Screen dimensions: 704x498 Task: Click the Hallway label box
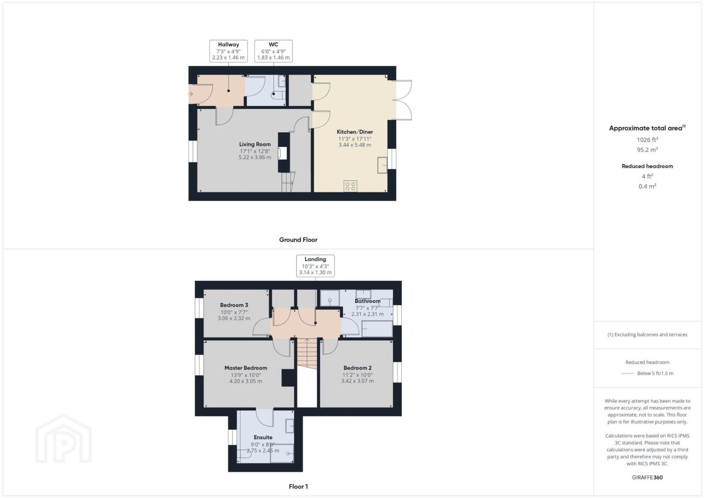pos(228,51)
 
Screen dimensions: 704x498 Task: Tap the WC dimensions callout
pos(274,51)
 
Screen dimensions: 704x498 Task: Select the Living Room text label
pos(255,144)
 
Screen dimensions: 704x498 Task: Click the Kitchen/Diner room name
pos(355,132)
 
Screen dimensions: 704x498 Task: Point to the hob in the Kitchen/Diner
pos(351,186)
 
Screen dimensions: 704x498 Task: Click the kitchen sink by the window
pos(382,165)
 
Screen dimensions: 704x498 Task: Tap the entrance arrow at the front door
pos(191,94)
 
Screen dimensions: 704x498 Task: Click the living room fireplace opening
pos(282,154)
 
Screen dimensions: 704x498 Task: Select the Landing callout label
pos(315,266)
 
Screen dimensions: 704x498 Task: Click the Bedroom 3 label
pos(234,305)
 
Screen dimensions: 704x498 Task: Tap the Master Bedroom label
pos(246,368)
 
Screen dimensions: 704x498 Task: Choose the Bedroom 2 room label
pos(358,368)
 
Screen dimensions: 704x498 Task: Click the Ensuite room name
pos(263,437)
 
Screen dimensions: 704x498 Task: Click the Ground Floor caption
pos(298,240)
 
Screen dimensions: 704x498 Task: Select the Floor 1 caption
pos(298,486)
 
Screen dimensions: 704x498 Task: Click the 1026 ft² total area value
pos(647,140)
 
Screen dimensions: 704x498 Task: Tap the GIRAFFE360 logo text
pos(647,477)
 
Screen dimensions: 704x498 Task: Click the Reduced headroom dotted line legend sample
pos(627,373)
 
